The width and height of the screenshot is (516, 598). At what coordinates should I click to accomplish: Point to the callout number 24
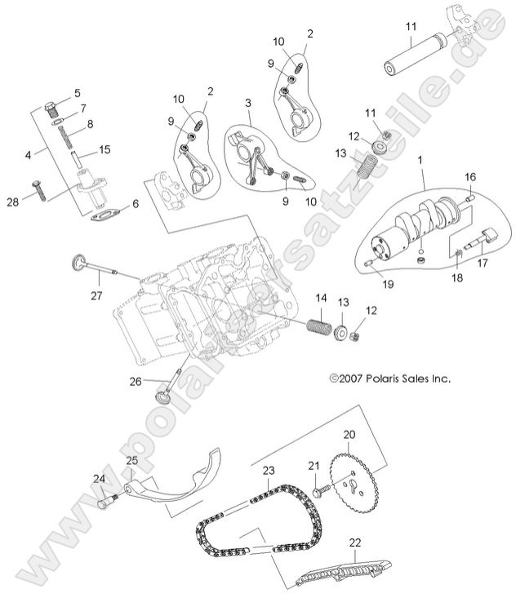tap(99, 478)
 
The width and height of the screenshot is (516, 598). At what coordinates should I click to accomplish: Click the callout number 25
tap(131, 461)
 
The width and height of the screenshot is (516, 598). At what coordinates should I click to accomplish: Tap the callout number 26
tap(136, 381)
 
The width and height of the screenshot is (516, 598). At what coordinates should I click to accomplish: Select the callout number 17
tap(482, 263)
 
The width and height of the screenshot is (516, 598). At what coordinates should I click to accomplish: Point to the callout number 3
tap(247, 104)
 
